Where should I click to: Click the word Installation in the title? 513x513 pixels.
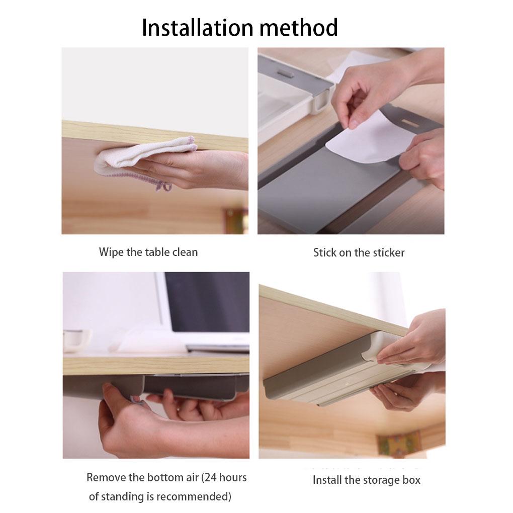pyautogui.click(x=198, y=28)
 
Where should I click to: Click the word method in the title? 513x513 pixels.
pyautogui.click(x=298, y=28)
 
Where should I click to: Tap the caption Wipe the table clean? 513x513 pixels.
pyautogui.click(x=148, y=252)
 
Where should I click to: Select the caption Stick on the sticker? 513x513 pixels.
pyautogui.click(x=359, y=252)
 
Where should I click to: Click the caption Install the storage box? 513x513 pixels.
pyautogui.click(x=366, y=480)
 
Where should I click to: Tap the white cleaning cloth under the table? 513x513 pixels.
pyautogui.click(x=146, y=153)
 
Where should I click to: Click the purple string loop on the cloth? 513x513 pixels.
pyautogui.click(x=163, y=186)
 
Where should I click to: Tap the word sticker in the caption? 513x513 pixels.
pyautogui.click(x=389, y=252)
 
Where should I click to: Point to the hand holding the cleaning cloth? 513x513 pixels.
pyautogui.click(x=211, y=168)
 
